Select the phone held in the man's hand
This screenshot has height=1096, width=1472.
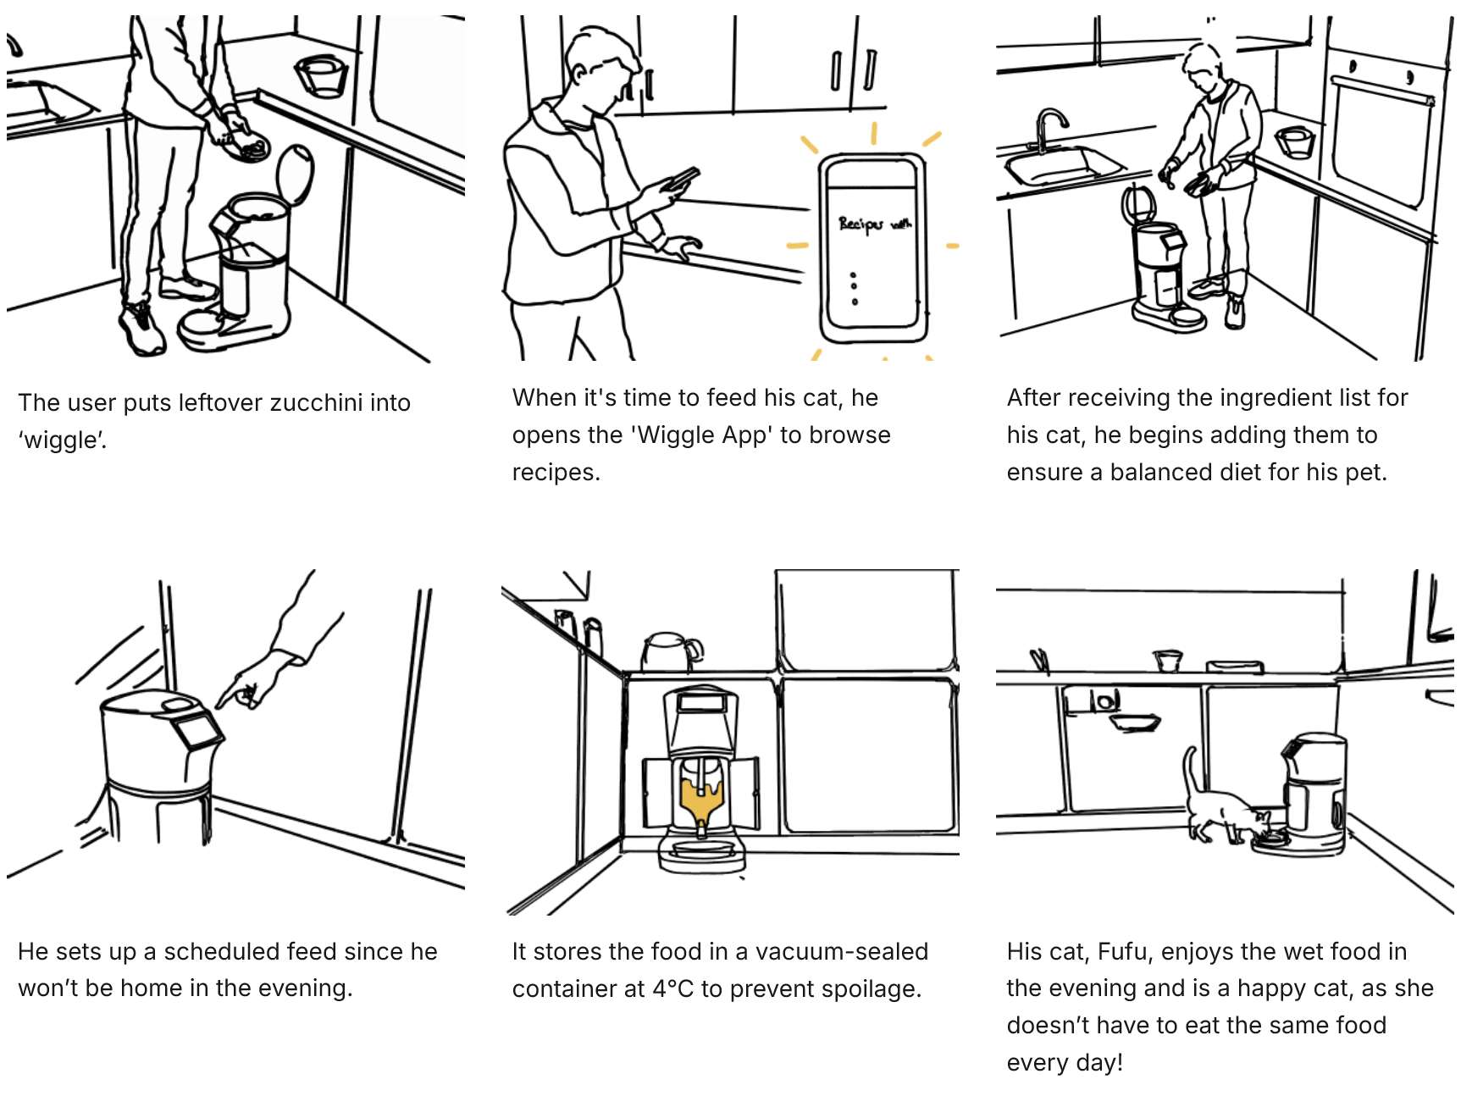click(x=681, y=179)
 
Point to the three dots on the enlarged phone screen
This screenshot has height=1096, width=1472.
click(x=854, y=288)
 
